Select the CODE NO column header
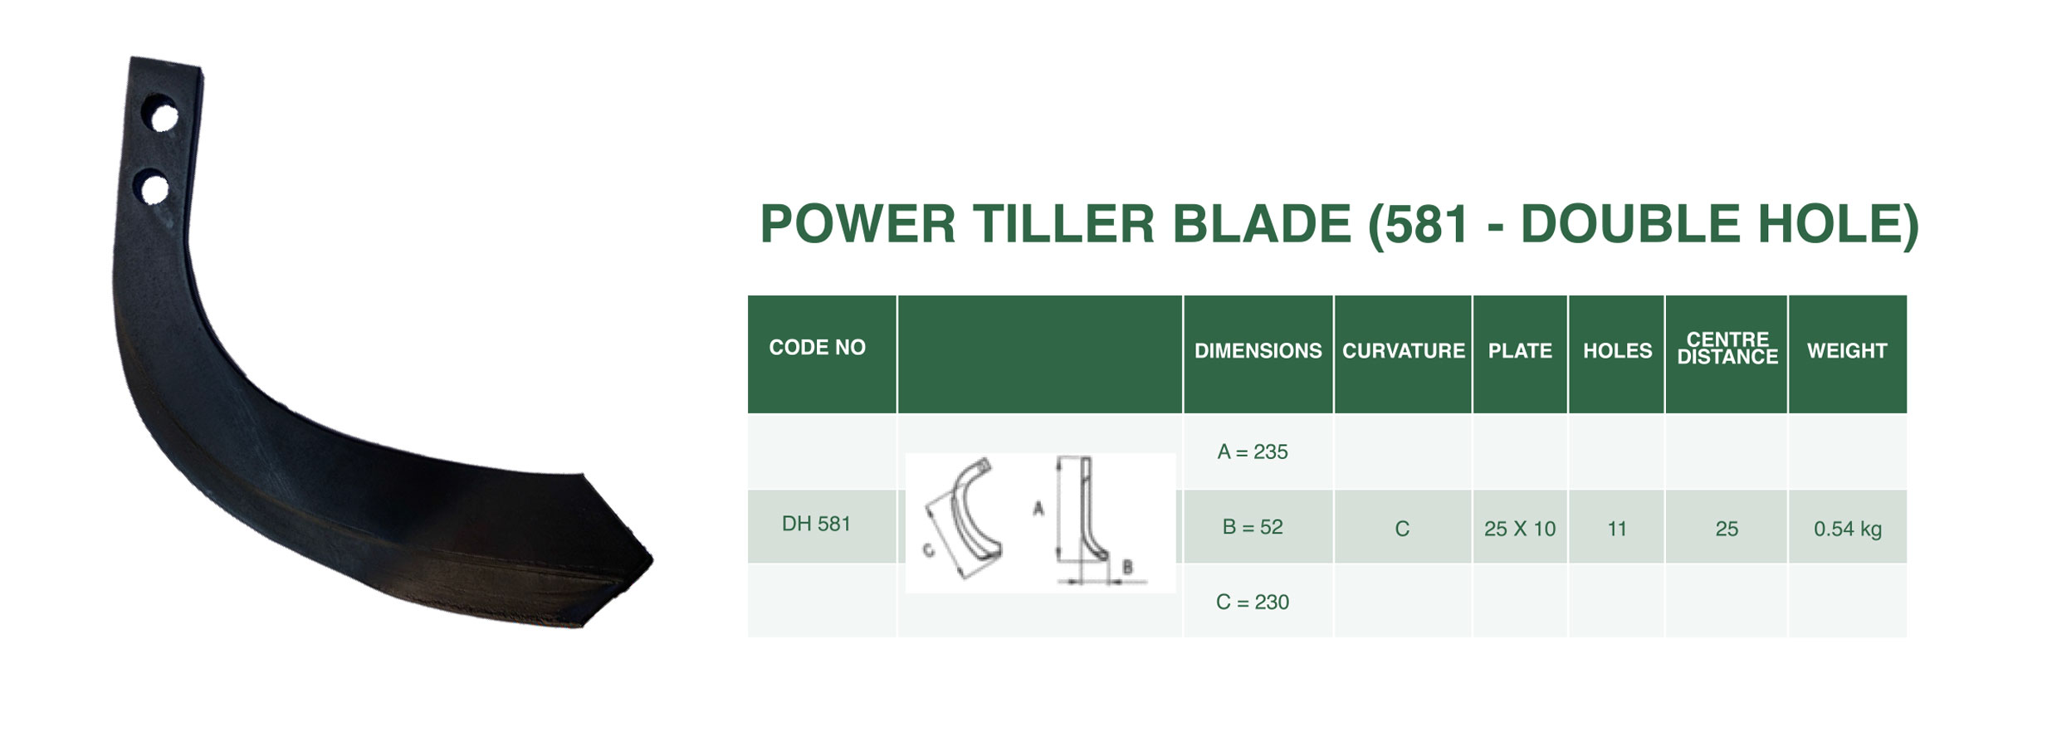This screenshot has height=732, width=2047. (817, 348)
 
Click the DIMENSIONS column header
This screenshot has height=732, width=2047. (1258, 351)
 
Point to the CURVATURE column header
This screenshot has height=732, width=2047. (1403, 351)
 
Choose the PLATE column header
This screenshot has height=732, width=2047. (1519, 351)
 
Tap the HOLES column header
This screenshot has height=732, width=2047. (1617, 351)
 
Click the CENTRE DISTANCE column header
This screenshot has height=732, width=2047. (1727, 349)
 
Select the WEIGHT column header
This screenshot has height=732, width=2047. (1847, 351)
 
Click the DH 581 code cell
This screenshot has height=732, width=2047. (816, 524)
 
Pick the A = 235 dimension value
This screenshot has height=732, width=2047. (1252, 451)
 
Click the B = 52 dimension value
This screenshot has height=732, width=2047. (1252, 527)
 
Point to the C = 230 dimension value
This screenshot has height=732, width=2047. (1252, 602)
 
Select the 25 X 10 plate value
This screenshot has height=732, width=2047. (1519, 529)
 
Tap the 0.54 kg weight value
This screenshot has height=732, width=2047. (1847, 529)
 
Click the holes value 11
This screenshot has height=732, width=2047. (1616, 529)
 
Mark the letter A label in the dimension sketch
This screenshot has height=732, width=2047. (1038, 508)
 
